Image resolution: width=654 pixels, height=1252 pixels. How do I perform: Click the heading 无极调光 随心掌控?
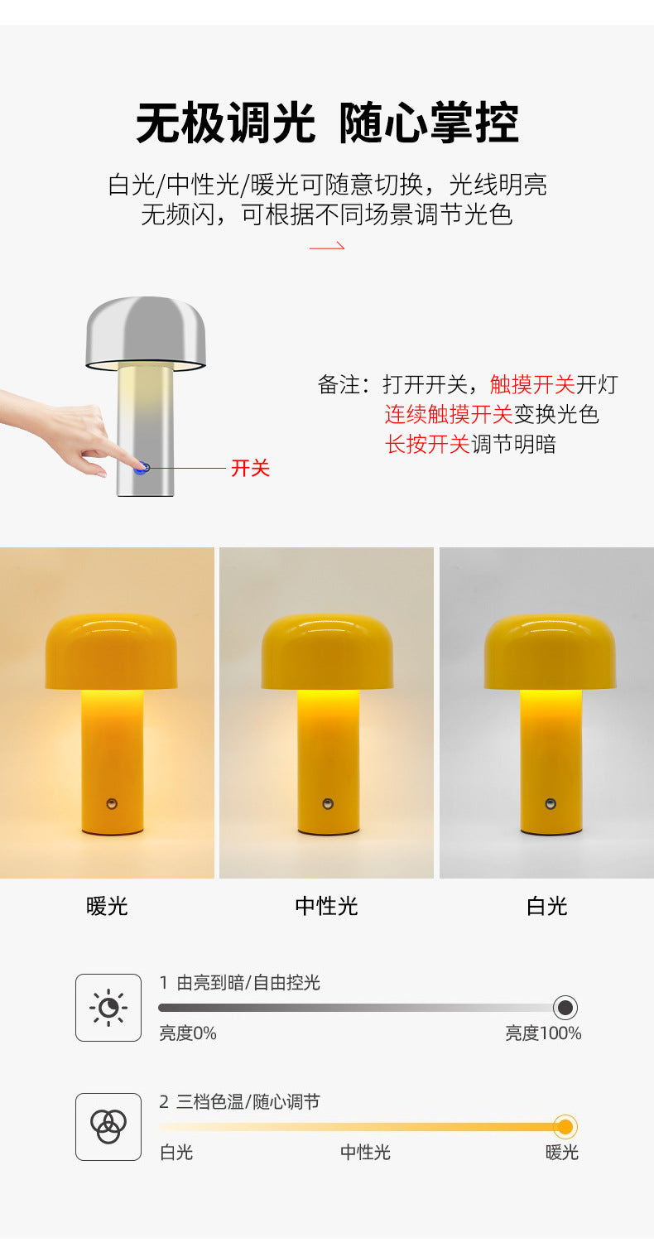pyautogui.click(x=327, y=124)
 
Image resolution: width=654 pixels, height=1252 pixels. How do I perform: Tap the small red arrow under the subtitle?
pyautogui.click(x=327, y=246)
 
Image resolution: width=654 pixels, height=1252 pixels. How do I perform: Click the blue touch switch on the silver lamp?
pyautogui.click(x=143, y=468)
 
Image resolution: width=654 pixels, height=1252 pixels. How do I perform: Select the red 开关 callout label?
pyautogui.click(x=250, y=469)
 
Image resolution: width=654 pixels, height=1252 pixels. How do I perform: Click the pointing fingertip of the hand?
pyautogui.click(x=132, y=464)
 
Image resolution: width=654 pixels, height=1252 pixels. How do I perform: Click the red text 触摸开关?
pyautogui.click(x=532, y=384)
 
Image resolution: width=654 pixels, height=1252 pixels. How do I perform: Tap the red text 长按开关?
pyautogui.click(x=427, y=444)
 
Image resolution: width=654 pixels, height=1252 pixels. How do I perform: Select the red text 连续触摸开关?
pyautogui.click(x=449, y=414)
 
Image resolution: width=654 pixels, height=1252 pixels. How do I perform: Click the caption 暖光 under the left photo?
pyautogui.click(x=108, y=907)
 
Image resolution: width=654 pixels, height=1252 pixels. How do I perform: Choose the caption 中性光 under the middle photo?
pyautogui.click(x=327, y=907)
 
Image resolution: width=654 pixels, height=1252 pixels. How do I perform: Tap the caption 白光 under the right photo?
pyautogui.click(x=546, y=907)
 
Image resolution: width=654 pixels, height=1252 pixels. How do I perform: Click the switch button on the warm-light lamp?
pyautogui.click(x=112, y=803)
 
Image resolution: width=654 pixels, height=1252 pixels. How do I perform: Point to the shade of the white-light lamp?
pyautogui.click(x=550, y=650)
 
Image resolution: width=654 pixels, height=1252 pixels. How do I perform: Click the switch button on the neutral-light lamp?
pyautogui.click(x=328, y=803)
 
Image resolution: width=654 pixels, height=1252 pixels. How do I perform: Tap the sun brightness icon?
pyautogui.click(x=108, y=1008)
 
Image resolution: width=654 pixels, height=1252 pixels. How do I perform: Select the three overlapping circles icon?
pyautogui.click(x=108, y=1127)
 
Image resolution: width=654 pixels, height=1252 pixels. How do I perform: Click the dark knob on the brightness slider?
pyautogui.click(x=565, y=1008)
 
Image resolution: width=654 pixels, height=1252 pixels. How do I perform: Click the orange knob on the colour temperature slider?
pyautogui.click(x=565, y=1127)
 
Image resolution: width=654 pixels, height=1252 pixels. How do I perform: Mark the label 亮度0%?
pyautogui.click(x=188, y=1033)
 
